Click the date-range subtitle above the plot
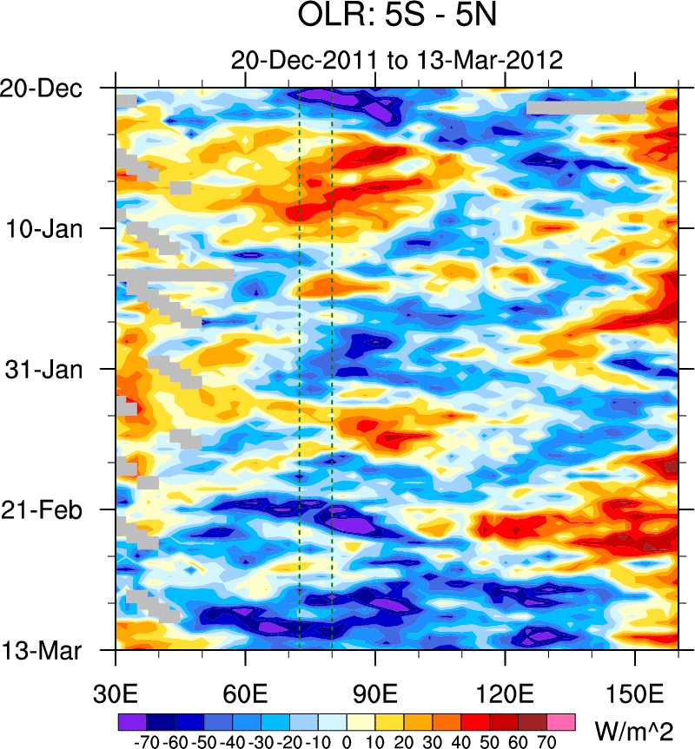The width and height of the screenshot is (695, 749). click(397, 61)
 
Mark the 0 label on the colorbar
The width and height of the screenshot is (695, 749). click(347, 742)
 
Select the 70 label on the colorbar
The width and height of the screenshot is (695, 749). click(547, 742)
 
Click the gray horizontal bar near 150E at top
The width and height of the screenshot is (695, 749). click(586, 108)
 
